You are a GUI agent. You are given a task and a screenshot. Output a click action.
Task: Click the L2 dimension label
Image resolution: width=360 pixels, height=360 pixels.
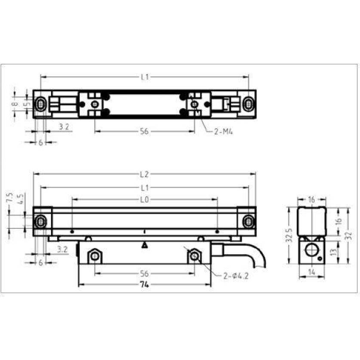(x=144, y=175)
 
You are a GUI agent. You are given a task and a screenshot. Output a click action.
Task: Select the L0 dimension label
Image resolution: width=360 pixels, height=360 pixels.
(x=145, y=200)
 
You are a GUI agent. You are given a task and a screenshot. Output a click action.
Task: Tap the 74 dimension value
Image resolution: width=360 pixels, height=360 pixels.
(x=145, y=285)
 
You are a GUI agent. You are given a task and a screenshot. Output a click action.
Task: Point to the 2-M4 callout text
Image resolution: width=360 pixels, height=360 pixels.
(x=223, y=132)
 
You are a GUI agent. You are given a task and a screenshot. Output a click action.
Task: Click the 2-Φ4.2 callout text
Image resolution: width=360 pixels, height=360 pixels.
(x=236, y=276)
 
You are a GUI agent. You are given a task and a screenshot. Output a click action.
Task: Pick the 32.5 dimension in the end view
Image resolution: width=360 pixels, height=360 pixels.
(x=290, y=235)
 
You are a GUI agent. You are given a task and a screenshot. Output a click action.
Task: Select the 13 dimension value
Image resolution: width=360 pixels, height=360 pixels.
(x=334, y=252)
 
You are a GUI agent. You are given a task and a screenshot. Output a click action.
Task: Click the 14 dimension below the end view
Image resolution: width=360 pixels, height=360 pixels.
(x=311, y=272)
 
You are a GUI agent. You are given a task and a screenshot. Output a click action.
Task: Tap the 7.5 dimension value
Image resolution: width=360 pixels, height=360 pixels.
(x=9, y=197)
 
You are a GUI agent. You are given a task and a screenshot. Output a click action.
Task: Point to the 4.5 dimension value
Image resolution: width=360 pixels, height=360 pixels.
(x=21, y=199)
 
